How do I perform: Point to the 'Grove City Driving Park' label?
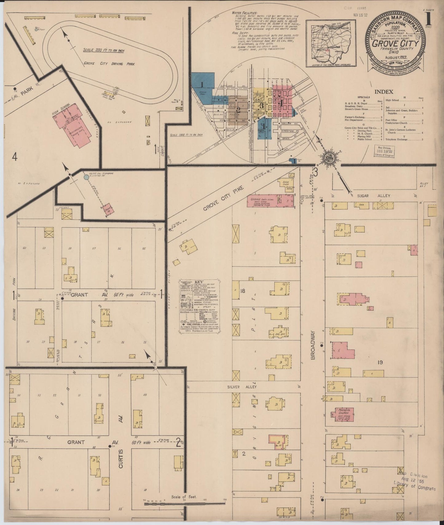click(109, 64)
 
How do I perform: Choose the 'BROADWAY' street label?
click(313, 345)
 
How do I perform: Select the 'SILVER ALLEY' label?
click(242, 387)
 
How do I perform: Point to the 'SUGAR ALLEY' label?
click(373, 196)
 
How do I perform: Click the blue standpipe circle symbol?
click(86, 177)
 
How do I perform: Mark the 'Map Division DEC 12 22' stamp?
click(384, 151)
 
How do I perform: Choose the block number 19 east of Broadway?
click(380, 363)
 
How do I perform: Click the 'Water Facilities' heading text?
click(245, 14)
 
